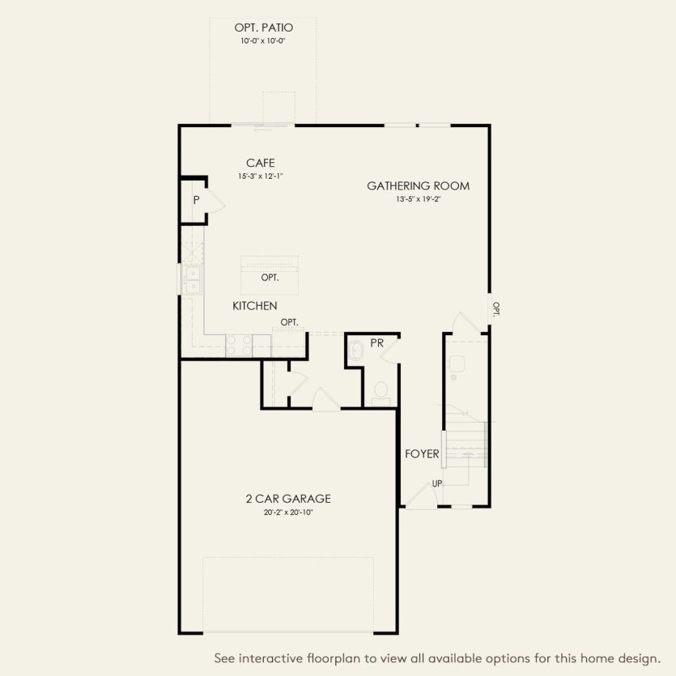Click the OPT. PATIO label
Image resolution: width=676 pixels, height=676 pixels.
click(263, 27)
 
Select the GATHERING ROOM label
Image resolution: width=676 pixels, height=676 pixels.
click(418, 186)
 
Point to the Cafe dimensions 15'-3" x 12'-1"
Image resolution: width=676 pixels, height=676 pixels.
click(261, 176)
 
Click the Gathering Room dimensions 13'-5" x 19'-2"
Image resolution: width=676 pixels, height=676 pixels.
click(418, 198)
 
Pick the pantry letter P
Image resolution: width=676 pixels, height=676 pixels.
click(196, 199)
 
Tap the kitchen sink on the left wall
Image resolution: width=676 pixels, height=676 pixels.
click(193, 279)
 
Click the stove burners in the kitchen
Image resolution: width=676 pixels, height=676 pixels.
click(240, 345)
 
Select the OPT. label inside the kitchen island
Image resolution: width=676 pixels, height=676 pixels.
click(270, 278)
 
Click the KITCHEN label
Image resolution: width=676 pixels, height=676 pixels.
click(255, 306)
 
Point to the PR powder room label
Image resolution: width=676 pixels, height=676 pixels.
click(376, 343)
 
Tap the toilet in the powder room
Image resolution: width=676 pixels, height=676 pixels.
click(381, 393)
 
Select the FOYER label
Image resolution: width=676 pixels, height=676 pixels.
click(422, 454)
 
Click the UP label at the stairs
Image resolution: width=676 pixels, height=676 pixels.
click(437, 483)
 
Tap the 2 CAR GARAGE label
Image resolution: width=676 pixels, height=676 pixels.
click(288, 499)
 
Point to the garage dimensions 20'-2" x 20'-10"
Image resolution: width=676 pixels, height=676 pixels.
click(288, 512)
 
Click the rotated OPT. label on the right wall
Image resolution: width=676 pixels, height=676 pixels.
click(496, 309)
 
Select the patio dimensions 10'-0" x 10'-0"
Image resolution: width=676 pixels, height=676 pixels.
click(263, 40)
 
